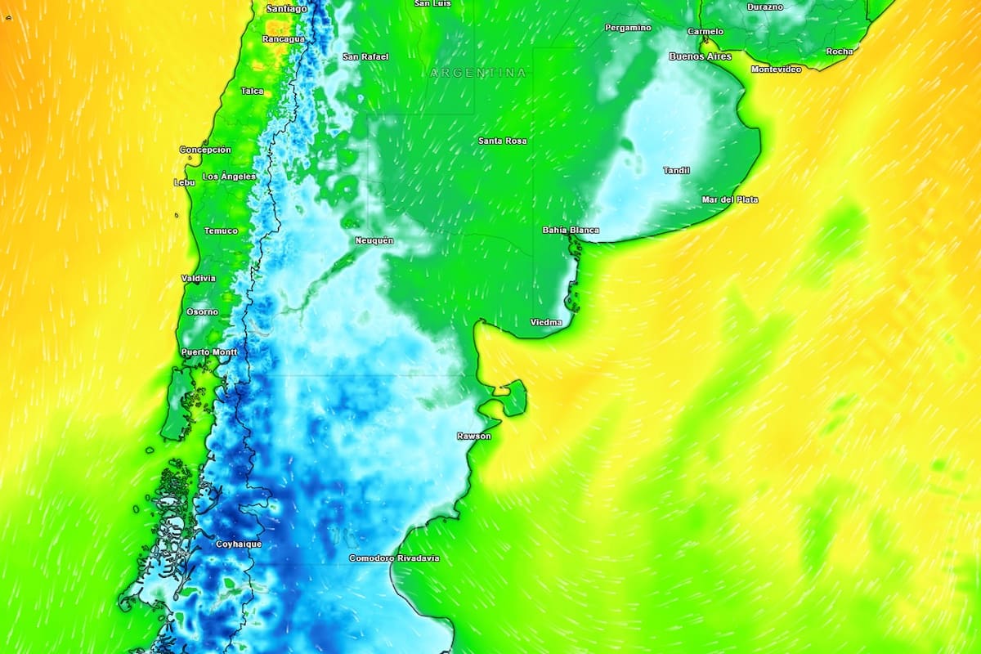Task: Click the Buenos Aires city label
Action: pyautogui.click(x=700, y=56)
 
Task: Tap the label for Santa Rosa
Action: pyautogui.click(x=502, y=141)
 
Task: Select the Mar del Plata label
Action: pyautogui.click(x=729, y=200)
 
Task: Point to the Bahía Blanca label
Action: pyautogui.click(x=571, y=231)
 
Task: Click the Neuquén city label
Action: pyautogui.click(x=374, y=241)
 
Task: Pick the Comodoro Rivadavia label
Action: pyautogui.click(x=394, y=558)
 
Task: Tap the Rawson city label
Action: pyautogui.click(x=474, y=437)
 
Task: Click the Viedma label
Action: pyautogui.click(x=546, y=323)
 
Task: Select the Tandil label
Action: pyautogui.click(x=676, y=171)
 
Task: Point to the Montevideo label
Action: pyautogui.click(x=776, y=69)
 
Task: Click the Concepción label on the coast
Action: pyautogui.click(x=205, y=150)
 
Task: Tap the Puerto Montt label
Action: pyautogui.click(x=208, y=352)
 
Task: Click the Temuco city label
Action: pyautogui.click(x=221, y=231)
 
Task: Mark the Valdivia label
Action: pyautogui.click(x=199, y=279)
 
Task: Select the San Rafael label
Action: pyautogui.click(x=365, y=57)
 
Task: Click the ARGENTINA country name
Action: pyautogui.click(x=478, y=73)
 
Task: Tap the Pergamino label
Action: pyautogui.click(x=628, y=28)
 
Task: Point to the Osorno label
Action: pyautogui.click(x=202, y=312)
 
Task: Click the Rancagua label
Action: pyautogui.click(x=284, y=39)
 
